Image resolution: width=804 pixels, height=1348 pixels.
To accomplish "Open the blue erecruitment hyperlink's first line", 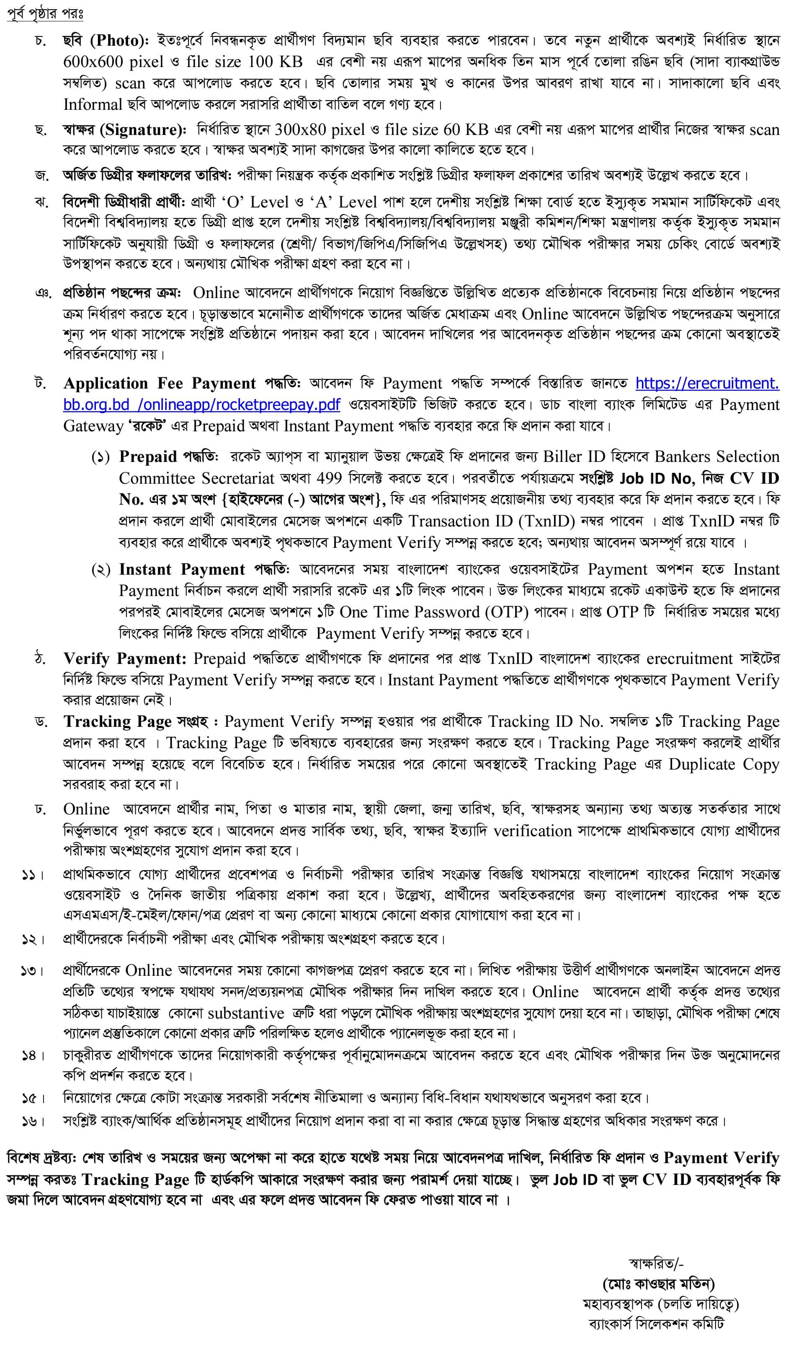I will tap(707, 384).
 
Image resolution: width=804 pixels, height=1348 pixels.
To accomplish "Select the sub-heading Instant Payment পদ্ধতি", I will tap(204, 569).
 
